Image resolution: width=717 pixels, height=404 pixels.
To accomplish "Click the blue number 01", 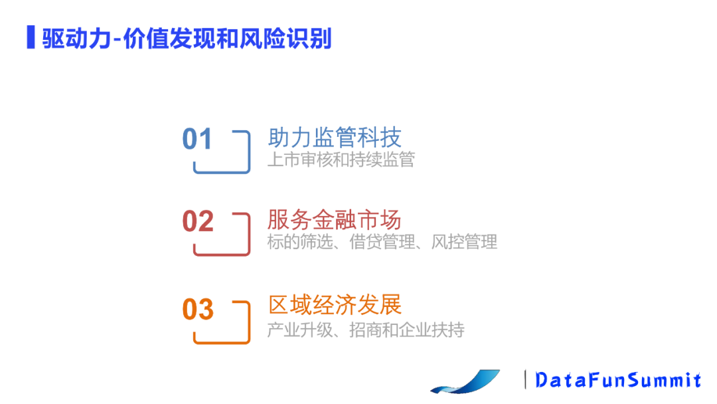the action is (x=197, y=139).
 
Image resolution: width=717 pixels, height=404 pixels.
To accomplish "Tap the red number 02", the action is (x=198, y=221).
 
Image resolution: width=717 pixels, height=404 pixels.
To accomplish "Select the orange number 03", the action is (x=198, y=309).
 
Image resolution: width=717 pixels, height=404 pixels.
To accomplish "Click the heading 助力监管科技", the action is (x=334, y=138).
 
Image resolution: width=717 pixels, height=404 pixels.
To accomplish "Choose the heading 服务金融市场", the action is (x=334, y=220).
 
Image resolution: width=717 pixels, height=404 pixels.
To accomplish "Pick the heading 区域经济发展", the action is (x=335, y=305).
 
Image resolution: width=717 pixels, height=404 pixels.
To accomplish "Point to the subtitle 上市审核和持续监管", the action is (x=341, y=159).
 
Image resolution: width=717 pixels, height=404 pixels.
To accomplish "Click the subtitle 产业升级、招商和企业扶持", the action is (x=366, y=330).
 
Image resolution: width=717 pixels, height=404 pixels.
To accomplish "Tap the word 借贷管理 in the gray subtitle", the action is (x=382, y=242).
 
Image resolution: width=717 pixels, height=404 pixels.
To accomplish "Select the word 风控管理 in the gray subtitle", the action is (x=464, y=242).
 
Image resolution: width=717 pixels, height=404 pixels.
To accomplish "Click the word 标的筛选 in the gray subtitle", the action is (x=300, y=242).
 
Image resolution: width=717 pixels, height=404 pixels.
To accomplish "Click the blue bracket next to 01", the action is (x=249, y=151).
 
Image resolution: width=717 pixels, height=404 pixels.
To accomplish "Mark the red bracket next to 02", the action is (x=249, y=234).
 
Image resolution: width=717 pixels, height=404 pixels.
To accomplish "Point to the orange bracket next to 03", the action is (x=249, y=322).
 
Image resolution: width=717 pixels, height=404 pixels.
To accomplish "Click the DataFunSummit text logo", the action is (x=618, y=380).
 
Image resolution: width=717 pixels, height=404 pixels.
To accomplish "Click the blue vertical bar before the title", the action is (x=31, y=37).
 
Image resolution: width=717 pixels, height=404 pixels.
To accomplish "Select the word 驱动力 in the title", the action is (x=76, y=39).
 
